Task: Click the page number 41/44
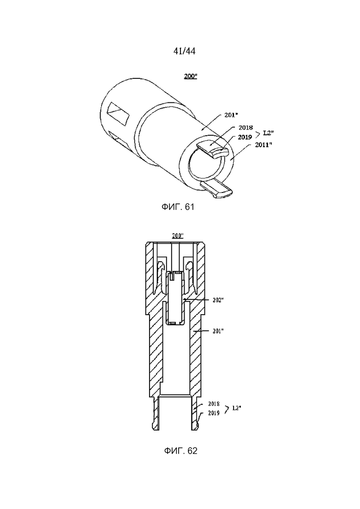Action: (x=184, y=51)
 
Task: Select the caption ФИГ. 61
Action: (x=178, y=207)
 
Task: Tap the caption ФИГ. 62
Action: (x=180, y=450)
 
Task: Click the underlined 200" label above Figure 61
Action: (x=191, y=76)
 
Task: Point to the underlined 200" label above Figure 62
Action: (x=178, y=236)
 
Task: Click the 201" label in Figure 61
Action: (x=231, y=115)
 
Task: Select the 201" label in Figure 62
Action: (x=218, y=331)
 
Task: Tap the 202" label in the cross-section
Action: (x=218, y=300)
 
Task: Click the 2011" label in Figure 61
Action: (x=263, y=145)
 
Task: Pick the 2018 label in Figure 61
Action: (x=246, y=127)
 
